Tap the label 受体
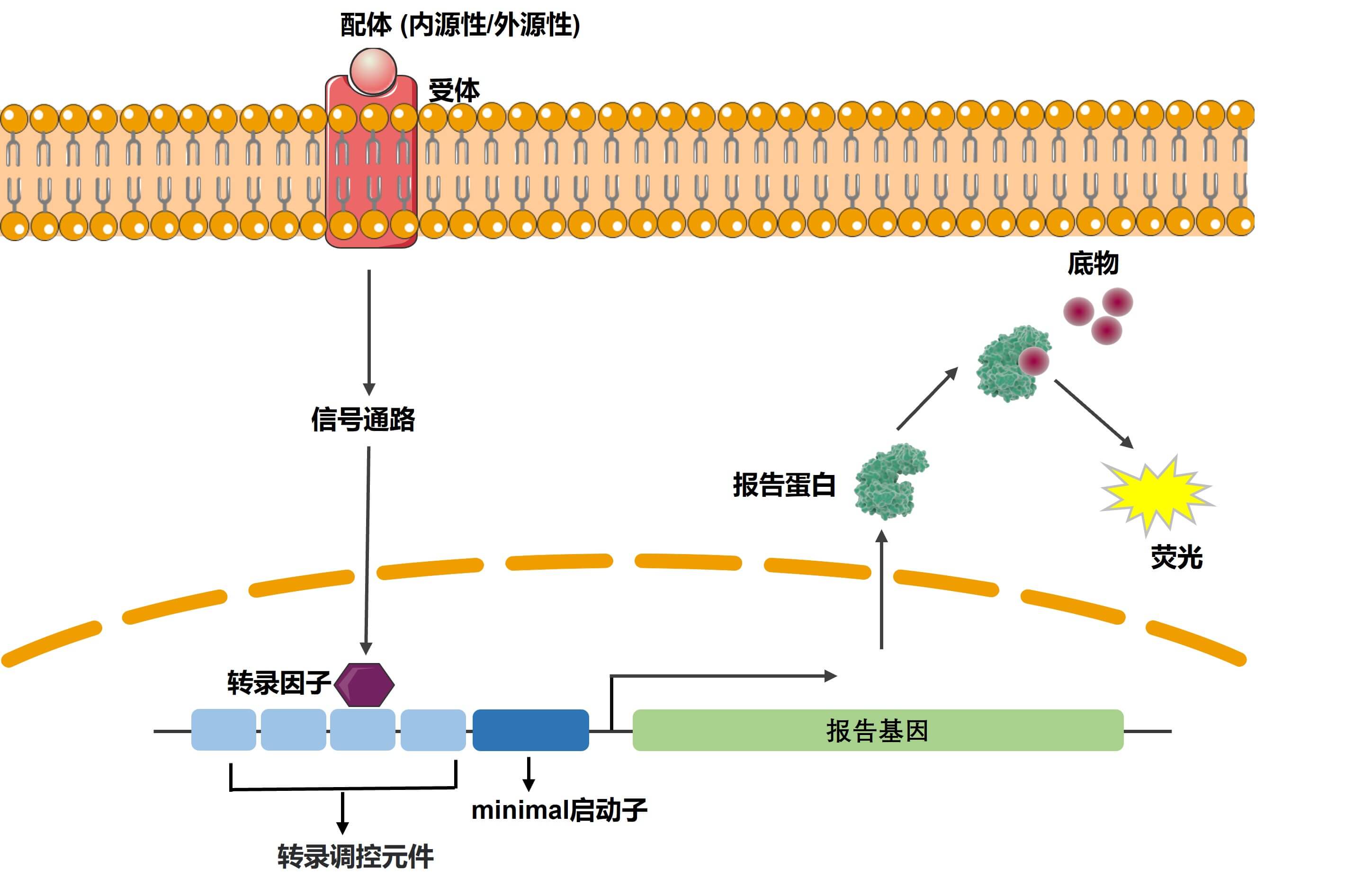tap(454, 91)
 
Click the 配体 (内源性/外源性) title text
tap(460, 25)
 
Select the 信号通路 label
tap(363, 420)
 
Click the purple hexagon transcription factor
tap(364, 684)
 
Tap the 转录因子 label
tap(279, 683)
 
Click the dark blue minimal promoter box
tap(530, 730)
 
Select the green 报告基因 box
tap(877, 730)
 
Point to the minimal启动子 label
tap(559, 810)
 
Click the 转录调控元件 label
tap(355, 856)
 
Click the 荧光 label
tap(1176, 557)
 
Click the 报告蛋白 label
tap(784, 485)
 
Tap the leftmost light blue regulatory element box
tap(224, 730)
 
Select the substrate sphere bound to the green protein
tap(1033, 361)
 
